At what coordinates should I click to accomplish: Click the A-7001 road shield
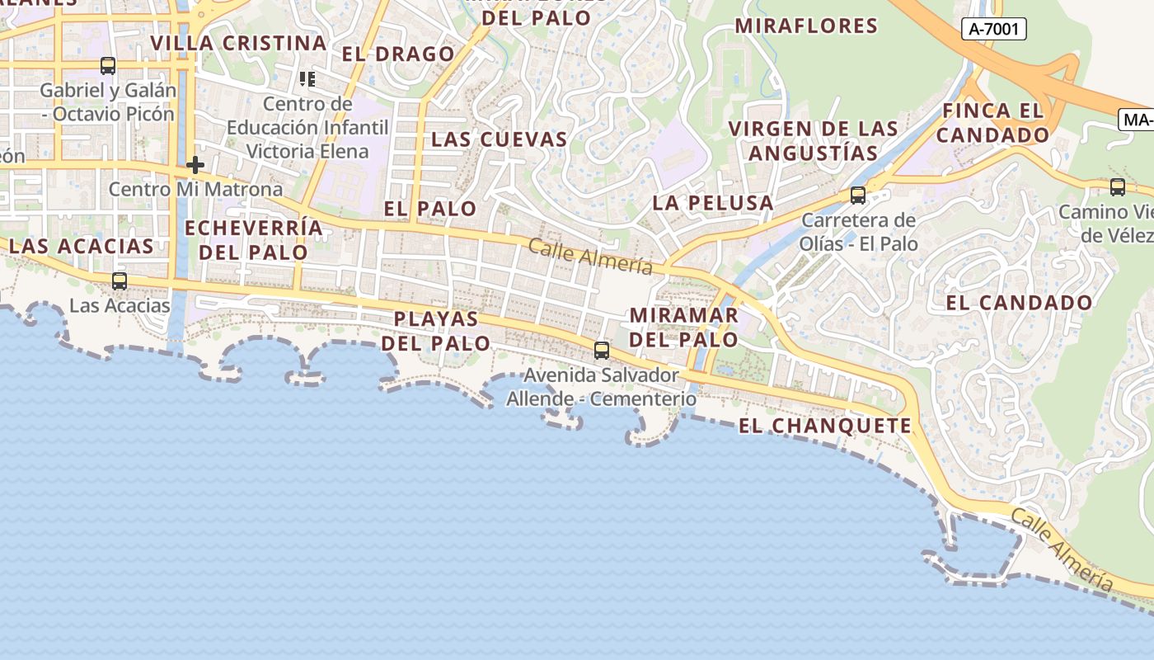click(x=993, y=30)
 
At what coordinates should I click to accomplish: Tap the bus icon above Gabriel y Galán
click(x=108, y=66)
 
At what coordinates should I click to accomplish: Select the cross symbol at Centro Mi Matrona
click(x=195, y=165)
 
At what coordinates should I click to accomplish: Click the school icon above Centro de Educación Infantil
click(x=307, y=79)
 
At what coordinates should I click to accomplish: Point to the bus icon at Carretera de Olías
click(x=858, y=196)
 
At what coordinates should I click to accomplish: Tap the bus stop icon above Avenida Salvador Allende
click(x=602, y=351)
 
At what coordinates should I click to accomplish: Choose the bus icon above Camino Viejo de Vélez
click(x=1118, y=187)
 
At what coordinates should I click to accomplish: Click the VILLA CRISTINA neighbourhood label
click(x=238, y=43)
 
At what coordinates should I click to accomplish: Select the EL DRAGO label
click(x=398, y=54)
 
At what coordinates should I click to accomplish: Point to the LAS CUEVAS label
click(x=500, y=139)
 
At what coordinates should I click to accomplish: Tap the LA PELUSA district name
click(x=713, y=202)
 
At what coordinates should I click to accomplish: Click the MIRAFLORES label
click(x=806, y=26)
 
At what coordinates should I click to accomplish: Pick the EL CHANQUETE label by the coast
click(x=825, y=426)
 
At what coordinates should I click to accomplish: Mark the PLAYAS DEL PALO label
click(x=442, y=330)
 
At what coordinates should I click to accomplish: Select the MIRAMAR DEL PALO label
click(x=683, y=327)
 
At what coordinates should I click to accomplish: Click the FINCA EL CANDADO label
click(x=992, y=122)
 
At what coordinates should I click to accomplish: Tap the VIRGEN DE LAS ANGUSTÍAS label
click(x=814, y=140)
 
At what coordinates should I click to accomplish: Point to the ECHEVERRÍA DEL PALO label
click(x=254, y=239)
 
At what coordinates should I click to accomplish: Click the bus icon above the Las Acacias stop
click(x=120, y=281)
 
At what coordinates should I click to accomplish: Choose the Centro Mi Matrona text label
click(x=195, y=189)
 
